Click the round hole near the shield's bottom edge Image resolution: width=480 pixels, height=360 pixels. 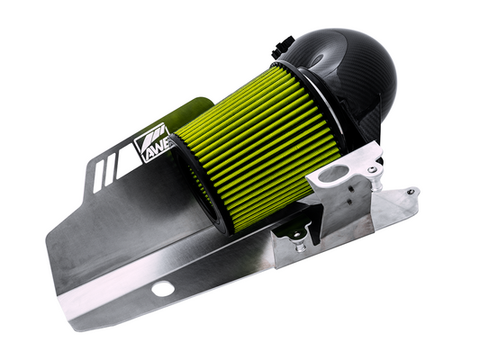point(162,289)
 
